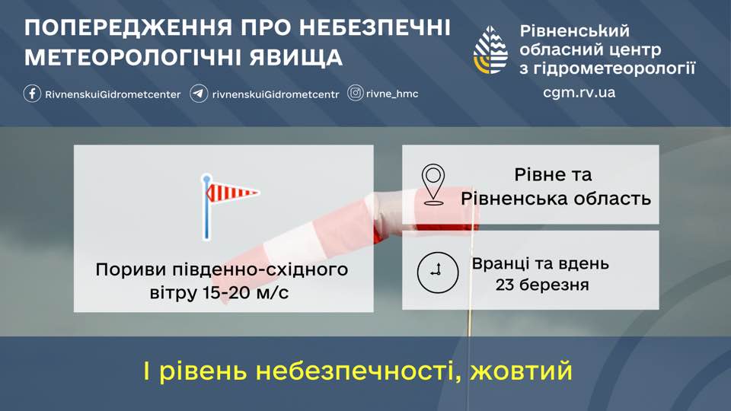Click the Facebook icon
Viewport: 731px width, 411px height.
click(x=32, y=93)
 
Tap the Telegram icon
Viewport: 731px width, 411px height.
click(x=199, y=93)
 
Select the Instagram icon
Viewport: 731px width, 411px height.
click(x=356, y=93)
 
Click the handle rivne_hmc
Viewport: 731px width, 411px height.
click(x=392, y=94)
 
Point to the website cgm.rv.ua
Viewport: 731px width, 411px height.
click(x=579, y=92)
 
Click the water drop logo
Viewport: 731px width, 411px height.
click(x=490, y=50)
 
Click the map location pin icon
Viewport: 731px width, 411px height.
click(x=433, y=184)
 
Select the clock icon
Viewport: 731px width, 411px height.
click(x=437, y=272)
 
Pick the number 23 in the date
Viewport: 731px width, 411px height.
click(x=505, y=284)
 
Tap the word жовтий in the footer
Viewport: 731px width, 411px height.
click(x=521, y=371)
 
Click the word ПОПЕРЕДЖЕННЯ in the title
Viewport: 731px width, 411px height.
click(x=128, y=28)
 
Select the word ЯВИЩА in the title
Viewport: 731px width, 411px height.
click(x=295, y=58)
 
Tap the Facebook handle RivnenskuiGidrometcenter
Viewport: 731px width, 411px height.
click(x=113, y=94)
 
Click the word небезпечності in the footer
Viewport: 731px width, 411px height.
click(x=359, y=371)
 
